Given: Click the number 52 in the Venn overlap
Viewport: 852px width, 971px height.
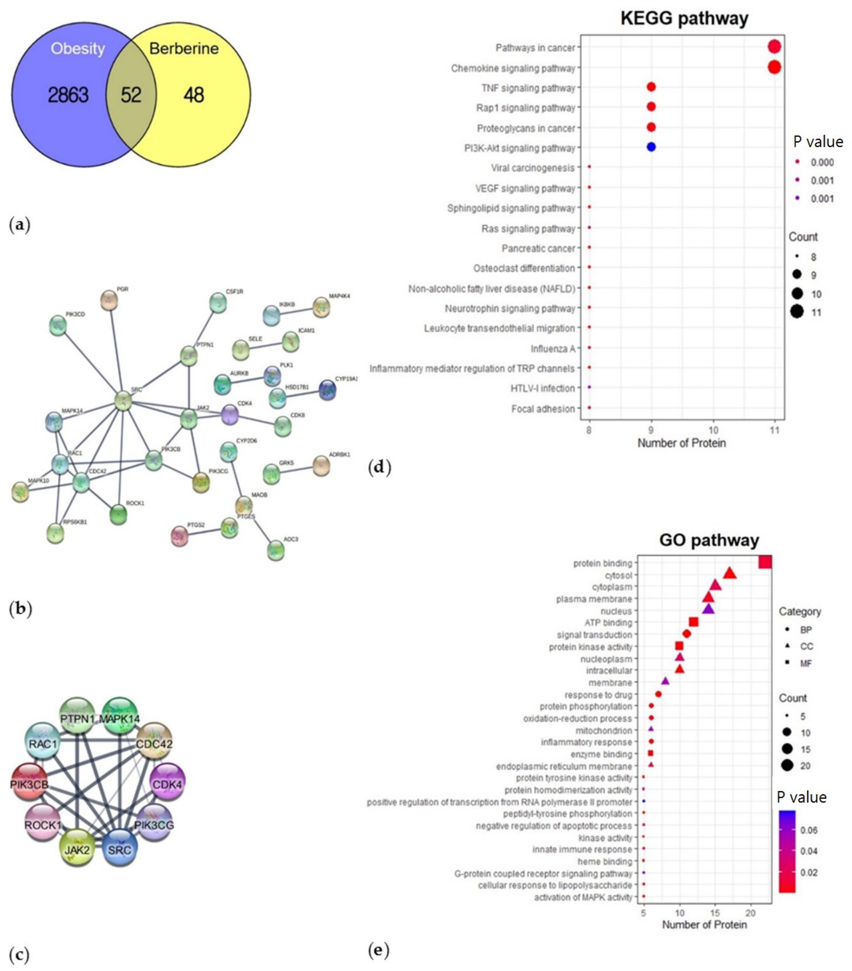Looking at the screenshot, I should click(x=131, y=95).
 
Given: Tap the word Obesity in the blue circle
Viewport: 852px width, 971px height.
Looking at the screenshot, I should click(x=78, y=48).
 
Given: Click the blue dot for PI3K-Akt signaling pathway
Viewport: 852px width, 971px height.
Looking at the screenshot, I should click(x=651, y=147).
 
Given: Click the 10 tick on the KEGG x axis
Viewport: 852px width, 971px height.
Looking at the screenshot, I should click(x=713, y=430).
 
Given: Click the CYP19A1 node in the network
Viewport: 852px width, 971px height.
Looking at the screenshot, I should click(x=327, y=390).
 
